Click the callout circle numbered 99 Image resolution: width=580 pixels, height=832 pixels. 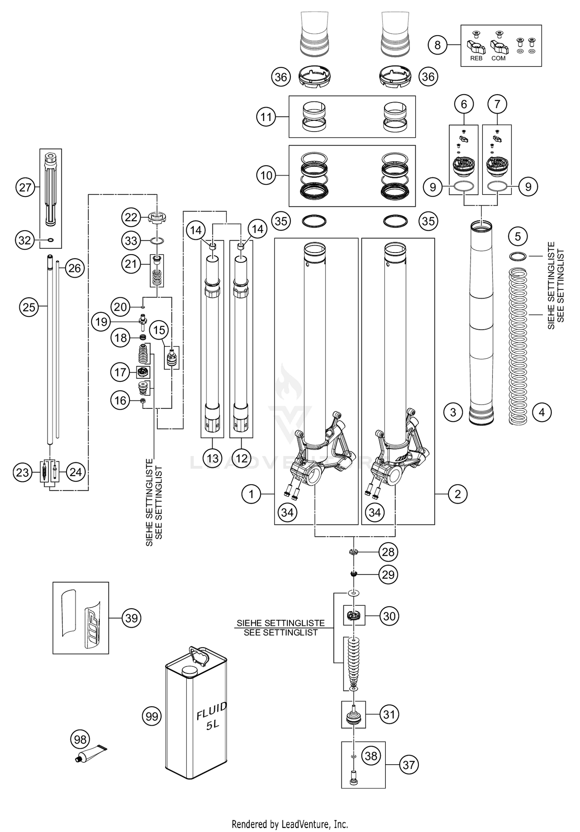[x=152, y=716]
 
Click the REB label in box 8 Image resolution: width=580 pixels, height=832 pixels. [x=476, y=58]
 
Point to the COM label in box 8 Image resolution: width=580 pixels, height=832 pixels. [x=498, y=58]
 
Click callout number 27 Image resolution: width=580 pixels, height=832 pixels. [x=25, y=188]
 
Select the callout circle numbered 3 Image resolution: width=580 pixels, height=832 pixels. [x=453, y=412]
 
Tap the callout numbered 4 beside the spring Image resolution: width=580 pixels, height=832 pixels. [x=541, y=412]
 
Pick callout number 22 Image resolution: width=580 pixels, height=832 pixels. [x=131, y=217]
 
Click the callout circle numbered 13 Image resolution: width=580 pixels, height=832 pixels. [x=213, y=458]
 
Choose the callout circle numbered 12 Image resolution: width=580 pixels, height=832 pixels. [x=241, y=458]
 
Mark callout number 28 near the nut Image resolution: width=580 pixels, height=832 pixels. [x=388, y=552]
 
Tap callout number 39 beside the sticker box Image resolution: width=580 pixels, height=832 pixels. [x=131, y=618]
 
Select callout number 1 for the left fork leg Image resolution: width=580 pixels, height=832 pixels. [x=251, y=494]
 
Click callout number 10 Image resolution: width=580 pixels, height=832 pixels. [x=266, y=176]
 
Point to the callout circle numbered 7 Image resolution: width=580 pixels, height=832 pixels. [x=497, y=104]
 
